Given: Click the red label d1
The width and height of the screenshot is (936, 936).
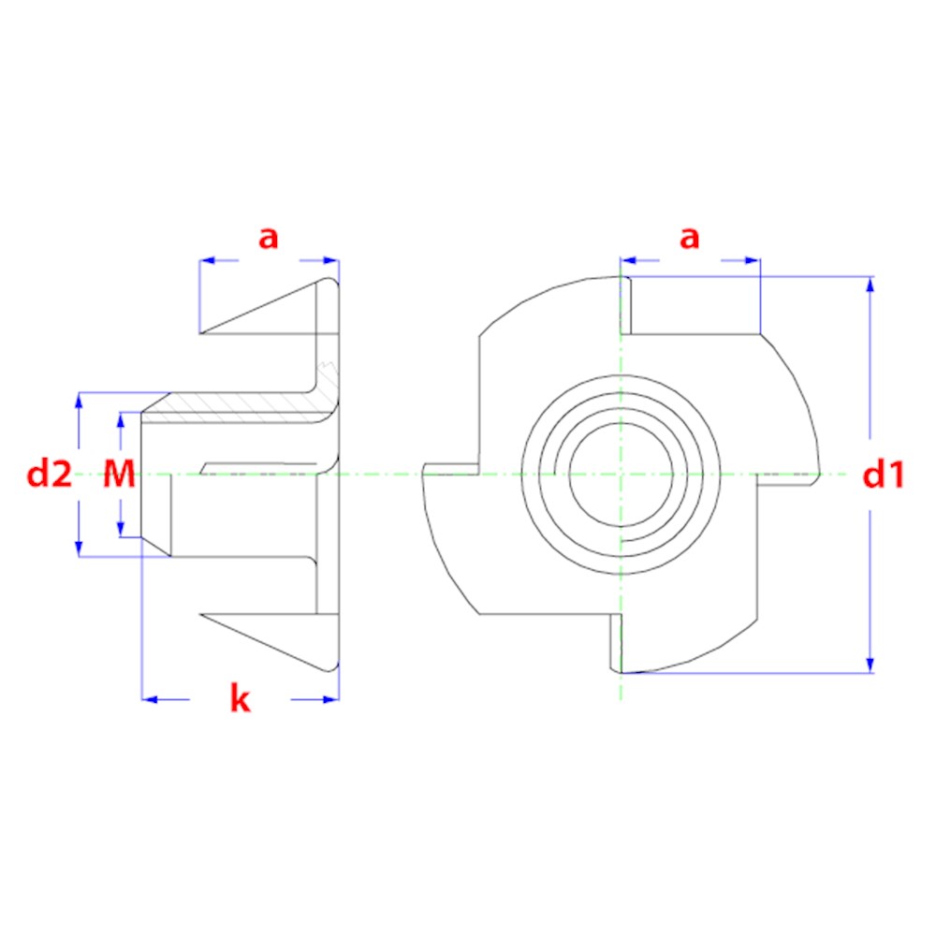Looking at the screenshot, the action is pyautogui.click(x=884, y=475).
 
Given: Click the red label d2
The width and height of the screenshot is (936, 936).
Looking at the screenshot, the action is pyautogui.click(x=50, y=475).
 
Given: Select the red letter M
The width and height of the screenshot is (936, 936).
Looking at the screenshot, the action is pyautogui.click(x=120, y=474).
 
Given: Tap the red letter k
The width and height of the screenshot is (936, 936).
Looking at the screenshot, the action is pyautogui.click(x=240, y=698).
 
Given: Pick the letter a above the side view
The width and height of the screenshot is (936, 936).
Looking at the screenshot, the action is pyautogui.click(x=268, y=238).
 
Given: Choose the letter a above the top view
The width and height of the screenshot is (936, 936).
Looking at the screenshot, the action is pyautogui.click(x=690, y=238).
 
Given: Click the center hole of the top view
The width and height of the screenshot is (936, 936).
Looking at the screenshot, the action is pyautogui.click(x=621, y=475).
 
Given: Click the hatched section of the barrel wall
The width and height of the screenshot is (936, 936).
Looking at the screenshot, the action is pyautogui.click(x=239, y=407).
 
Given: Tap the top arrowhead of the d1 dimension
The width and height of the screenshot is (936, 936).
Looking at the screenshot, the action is pyautogui.click(x=870, y=285).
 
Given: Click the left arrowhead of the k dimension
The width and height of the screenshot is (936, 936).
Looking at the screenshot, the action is pyautogui.click(x=150, y=699).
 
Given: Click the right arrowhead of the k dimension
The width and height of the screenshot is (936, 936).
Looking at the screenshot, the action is pyautogui.click(x=330, y=699).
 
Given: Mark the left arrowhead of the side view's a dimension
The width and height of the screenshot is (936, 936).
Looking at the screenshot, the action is pyautogui.click(x=207, y=260).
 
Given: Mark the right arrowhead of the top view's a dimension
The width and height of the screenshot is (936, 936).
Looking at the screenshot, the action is pyautogui.click(x=753, y=260).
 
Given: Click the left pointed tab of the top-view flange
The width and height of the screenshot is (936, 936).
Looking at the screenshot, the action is pyautogui.click(x=451, y=469).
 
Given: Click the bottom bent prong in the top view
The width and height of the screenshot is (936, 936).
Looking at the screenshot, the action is pyautogui.click(x=616, y=643).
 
